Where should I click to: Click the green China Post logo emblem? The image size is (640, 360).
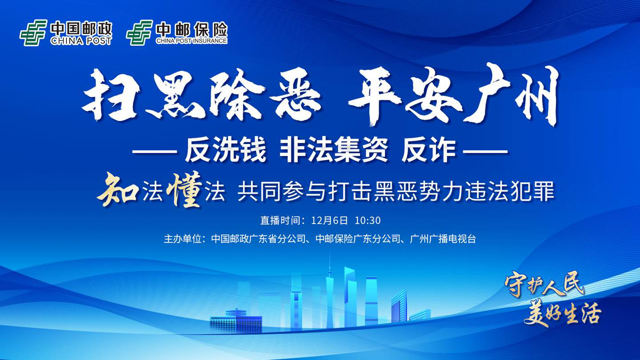(x=33, y=33)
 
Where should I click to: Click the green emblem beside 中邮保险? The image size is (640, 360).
(x=139, y=33)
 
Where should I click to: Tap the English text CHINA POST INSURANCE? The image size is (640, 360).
(x=192, y=41)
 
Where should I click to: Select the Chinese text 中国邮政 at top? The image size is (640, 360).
(x=81, y=29)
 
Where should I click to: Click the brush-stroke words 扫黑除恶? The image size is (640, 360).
(x=201, y=97)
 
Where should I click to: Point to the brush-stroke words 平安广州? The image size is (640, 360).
(x=453, y=96)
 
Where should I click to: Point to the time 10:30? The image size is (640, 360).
(x=368, y=220)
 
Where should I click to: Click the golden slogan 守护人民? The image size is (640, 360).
(x=544, y=283)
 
